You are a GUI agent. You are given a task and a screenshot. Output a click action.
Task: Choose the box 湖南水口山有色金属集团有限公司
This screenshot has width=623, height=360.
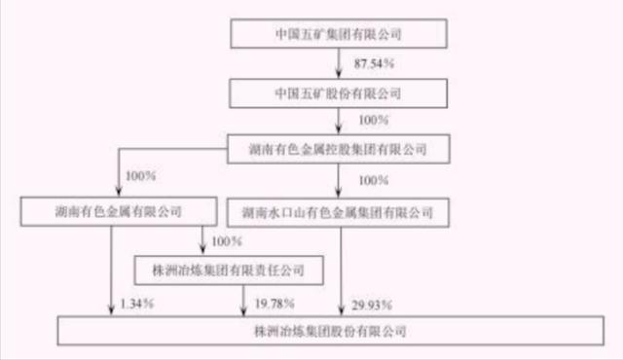(x=337, y=209)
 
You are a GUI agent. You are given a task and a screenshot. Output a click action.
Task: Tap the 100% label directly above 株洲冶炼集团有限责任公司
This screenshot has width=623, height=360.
(x=226, y=238)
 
